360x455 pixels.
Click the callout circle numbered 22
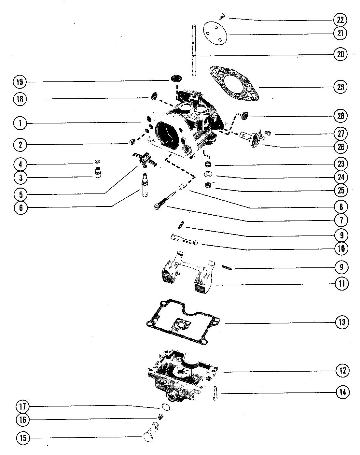(340, 20)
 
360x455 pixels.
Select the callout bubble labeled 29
(340, 87)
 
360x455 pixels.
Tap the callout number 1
(20, 123)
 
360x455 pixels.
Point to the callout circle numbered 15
(23, 438)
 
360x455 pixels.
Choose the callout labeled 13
(342, 322)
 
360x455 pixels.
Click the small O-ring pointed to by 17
(165, 407)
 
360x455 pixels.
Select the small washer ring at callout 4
(97, 162)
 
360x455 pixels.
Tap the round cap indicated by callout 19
(176, 78)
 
